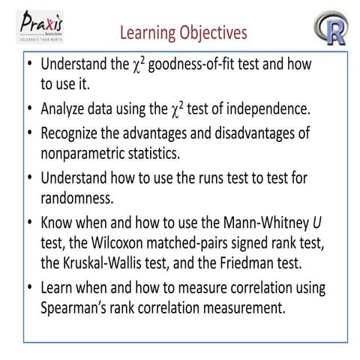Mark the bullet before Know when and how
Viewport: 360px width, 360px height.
pyautogui.click(x=29, y=223)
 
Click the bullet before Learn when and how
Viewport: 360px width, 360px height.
pyautogui.click(x=29, y=288)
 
